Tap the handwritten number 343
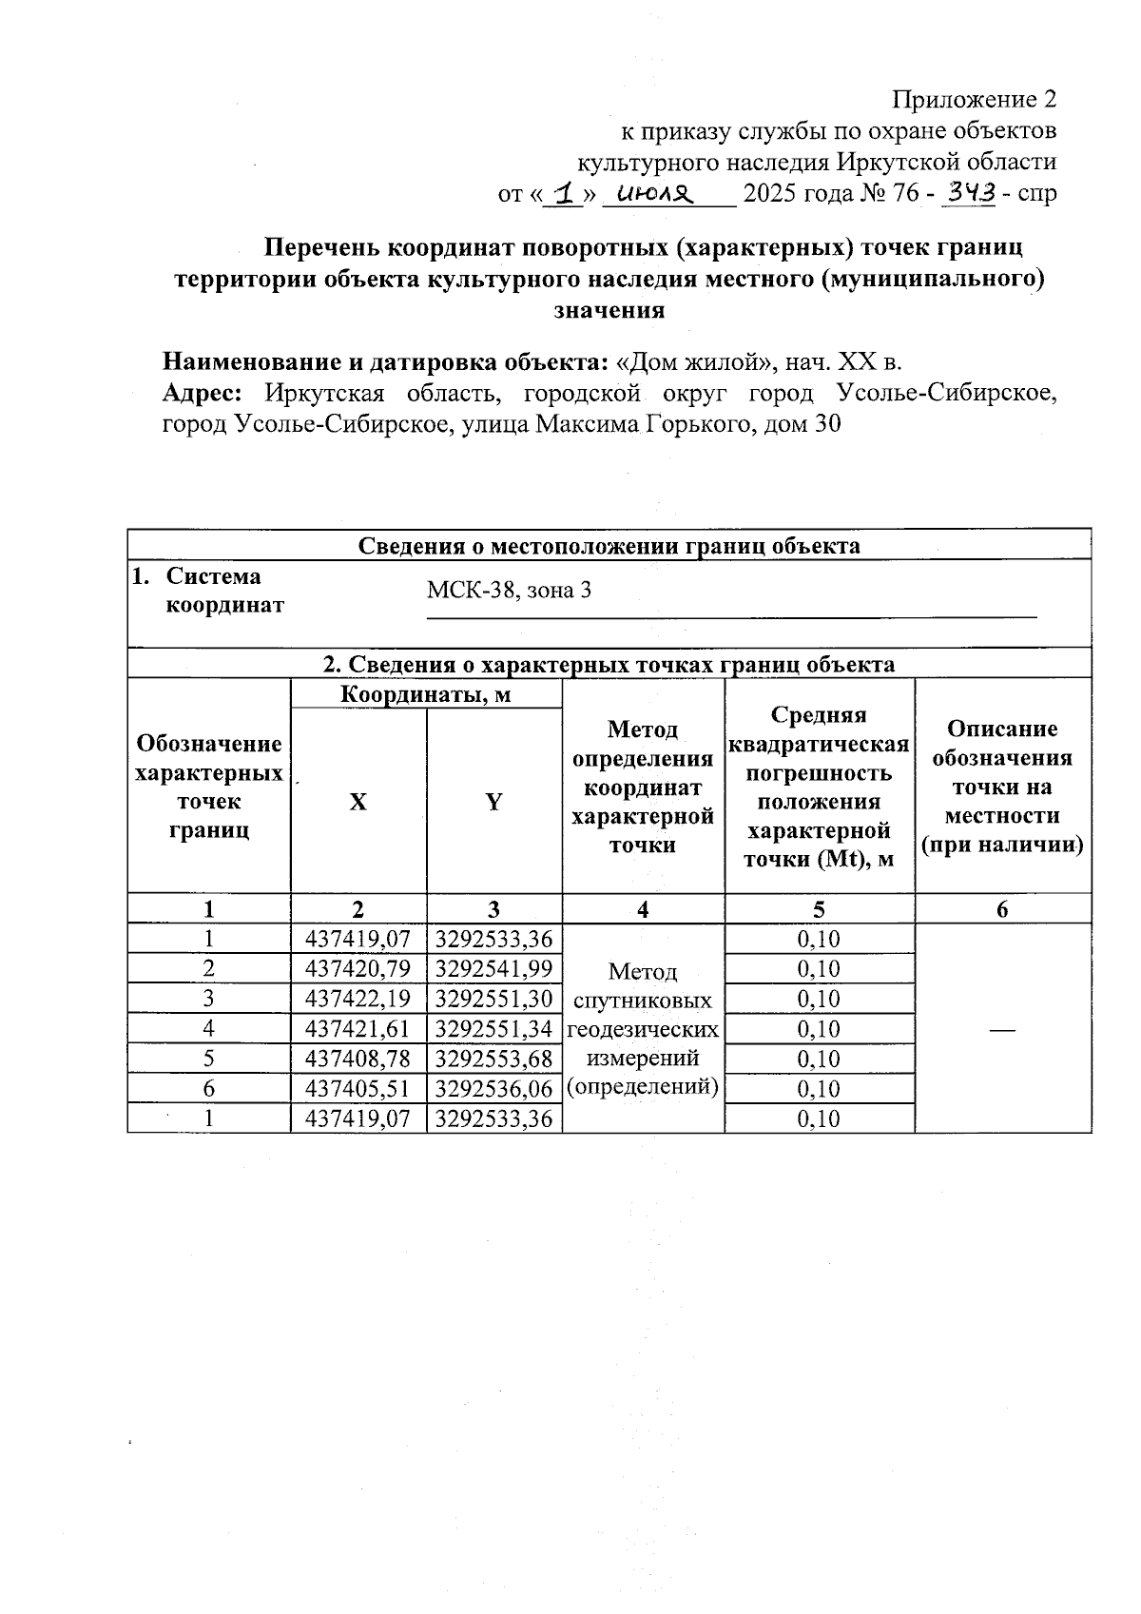click(968, 193)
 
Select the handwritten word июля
click(657, 194)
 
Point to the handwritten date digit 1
click(568, 194)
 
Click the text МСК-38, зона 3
click(509, 590)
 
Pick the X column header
click(358, 802)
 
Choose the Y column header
click(493, 802)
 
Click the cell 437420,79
click(358, 969)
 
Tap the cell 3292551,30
click(493, 999)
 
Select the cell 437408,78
click(358, 1059)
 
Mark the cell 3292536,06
click(493, 1089)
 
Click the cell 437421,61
click(358, 1029)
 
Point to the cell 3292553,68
click(493, 1059)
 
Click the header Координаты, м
click(425, 695)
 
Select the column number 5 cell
click(819, 909)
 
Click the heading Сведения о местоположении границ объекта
click(609, 546)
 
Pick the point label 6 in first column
click(208, 1089)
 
